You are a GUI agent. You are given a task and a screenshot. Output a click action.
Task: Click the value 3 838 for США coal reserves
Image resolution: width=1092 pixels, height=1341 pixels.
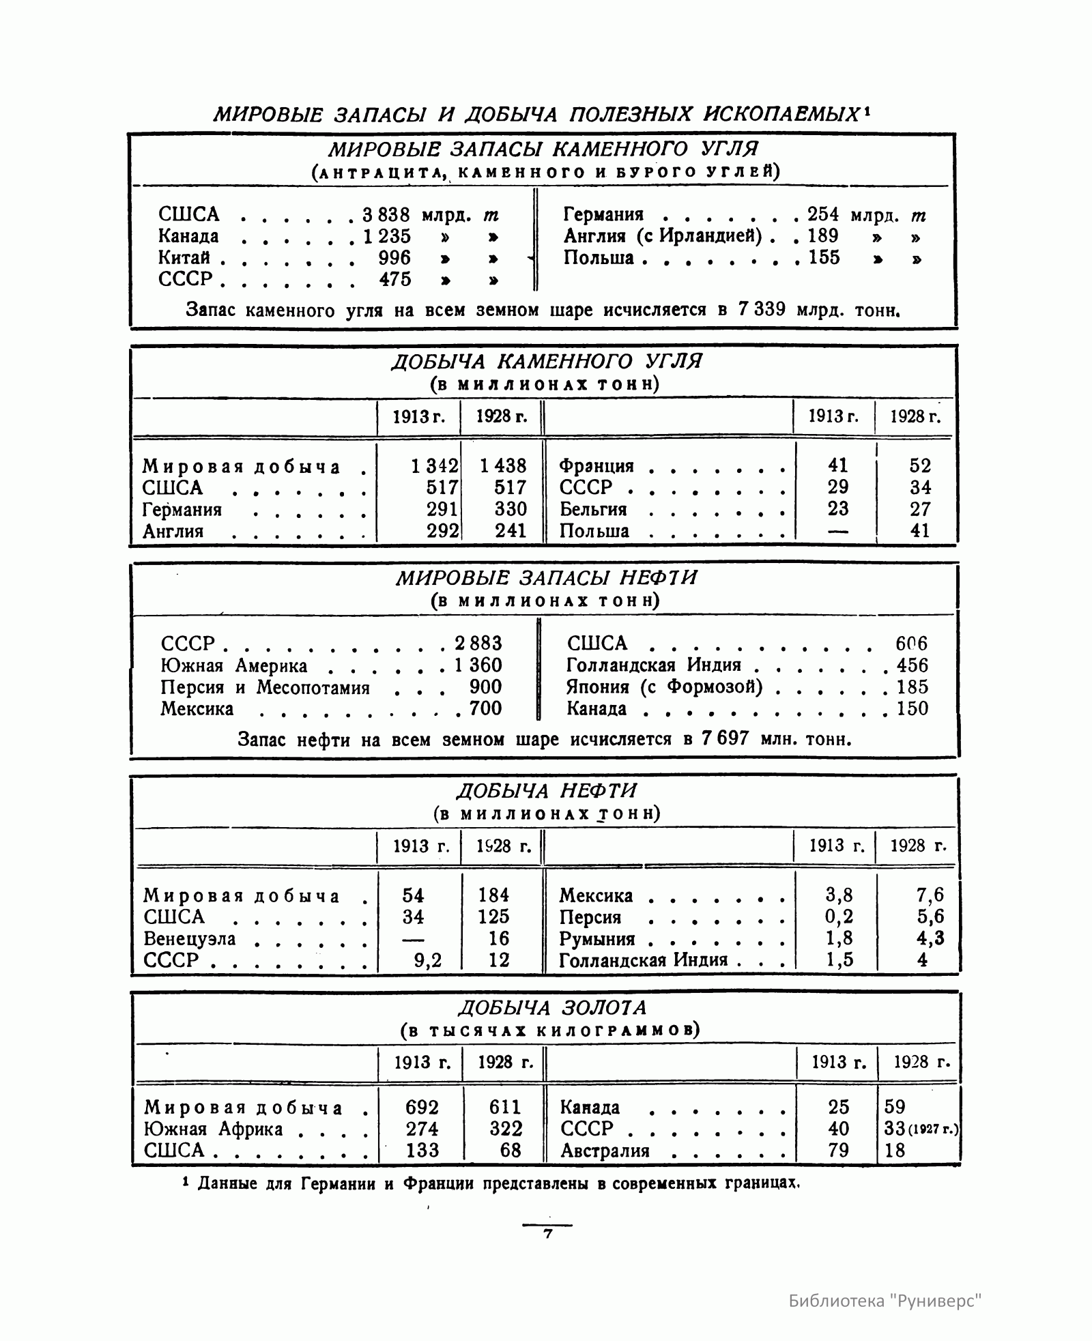(x=386, y=215)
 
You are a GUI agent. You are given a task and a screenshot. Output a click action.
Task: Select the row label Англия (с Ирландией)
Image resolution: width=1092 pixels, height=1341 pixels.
(x=662, y=237)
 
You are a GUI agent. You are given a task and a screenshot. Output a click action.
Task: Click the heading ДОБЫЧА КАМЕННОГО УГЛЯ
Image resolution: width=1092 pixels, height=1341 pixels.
(x=546, y=362)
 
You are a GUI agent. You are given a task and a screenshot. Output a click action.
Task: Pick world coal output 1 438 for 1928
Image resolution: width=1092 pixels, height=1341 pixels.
(x=503, y=466)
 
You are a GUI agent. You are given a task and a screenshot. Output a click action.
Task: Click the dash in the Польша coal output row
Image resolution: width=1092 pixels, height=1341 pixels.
(x=837, y=531)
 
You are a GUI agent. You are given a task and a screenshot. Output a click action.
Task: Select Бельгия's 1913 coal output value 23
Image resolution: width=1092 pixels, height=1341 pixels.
(x=837, y=509)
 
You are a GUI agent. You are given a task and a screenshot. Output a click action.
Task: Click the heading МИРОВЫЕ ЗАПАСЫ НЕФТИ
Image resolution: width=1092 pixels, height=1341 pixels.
(x=546, y=579)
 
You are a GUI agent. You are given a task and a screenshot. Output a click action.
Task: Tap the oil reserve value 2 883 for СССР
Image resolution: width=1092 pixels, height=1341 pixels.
(x=478, y=644)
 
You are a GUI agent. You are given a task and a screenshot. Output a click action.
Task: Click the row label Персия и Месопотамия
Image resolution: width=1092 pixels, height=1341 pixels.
(x=265, y=687)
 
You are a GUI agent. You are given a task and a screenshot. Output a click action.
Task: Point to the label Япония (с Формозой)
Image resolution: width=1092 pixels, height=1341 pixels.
(x=664, y=687)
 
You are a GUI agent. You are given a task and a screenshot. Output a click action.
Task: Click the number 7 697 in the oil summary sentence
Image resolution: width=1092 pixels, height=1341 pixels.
(x=724, y=738)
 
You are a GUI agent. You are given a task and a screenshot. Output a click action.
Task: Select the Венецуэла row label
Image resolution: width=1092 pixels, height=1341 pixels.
(x=190, y=939)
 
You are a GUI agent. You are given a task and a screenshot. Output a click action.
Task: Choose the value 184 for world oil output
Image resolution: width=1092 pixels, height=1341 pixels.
(x=494, y=895)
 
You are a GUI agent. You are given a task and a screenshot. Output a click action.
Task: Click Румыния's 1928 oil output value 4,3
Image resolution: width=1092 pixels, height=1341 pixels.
(x=930, y=938)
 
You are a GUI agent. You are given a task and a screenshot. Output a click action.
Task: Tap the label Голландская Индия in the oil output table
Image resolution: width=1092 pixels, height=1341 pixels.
(x=644, y=960)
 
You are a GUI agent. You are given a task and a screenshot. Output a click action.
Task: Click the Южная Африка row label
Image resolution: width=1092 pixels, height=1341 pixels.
(x=214, y=1129)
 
